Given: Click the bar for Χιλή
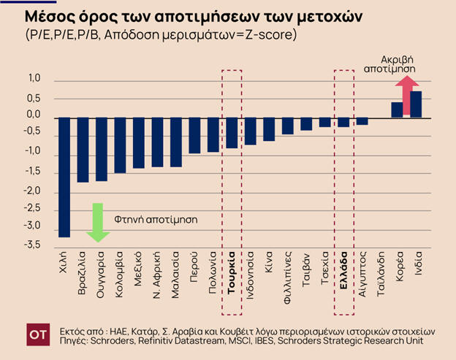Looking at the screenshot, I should (x=64, y=177).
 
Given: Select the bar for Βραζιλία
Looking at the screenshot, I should (x=83, y=149).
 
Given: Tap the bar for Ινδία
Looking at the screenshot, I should (x=416, y=104).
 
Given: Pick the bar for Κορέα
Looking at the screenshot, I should (x=397, y=110).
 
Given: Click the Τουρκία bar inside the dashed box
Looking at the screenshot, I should (x=232, y=132).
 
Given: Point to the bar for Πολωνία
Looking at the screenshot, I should (x=213, y=134).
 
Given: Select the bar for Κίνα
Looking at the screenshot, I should (x=269, y=129).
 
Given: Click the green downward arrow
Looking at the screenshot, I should (x=98, y=222).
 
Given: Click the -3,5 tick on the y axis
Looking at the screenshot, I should (x=34, y=245).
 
